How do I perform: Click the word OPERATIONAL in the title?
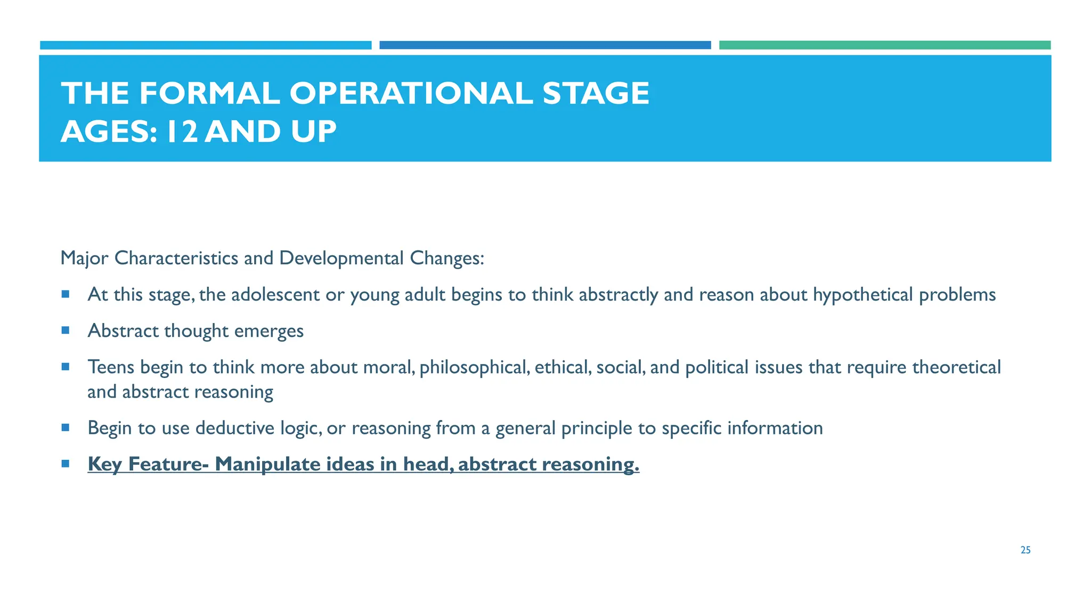pyautogui.click(x=411, y=93)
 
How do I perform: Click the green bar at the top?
pyautogui.click(x=884, y=45)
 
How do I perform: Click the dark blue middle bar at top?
pyautogui.click(x=544, y=45)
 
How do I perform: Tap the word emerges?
pyautogui.click(x=269, y=331)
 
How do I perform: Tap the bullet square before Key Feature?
pyautogui.click(x=66, y=464)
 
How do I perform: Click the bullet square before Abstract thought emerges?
pyautogui.click(x=66, y=330)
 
